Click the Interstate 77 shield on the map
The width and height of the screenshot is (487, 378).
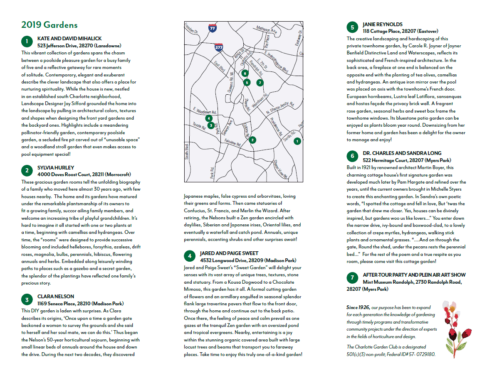(x=213, y=28)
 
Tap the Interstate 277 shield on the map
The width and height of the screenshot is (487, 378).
(x=219, y=47)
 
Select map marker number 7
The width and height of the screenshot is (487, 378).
(x=260, y=82)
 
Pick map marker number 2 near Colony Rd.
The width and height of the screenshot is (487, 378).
(x=252, y=140)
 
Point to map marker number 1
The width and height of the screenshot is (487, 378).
(x=297, y=141)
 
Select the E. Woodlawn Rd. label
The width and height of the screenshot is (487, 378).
(x=205, y=111)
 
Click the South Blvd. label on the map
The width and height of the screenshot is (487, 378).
(x=187, y=152)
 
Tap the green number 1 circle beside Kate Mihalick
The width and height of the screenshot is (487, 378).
(x=27, y=41)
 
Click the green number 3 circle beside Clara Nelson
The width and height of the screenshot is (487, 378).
(x=27, y=299)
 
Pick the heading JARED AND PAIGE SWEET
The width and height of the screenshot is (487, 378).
(x=229, y=253)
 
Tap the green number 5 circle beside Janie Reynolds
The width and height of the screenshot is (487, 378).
(x=352, y=28)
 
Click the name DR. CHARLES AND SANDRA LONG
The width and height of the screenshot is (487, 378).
(x=402, y=153)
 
